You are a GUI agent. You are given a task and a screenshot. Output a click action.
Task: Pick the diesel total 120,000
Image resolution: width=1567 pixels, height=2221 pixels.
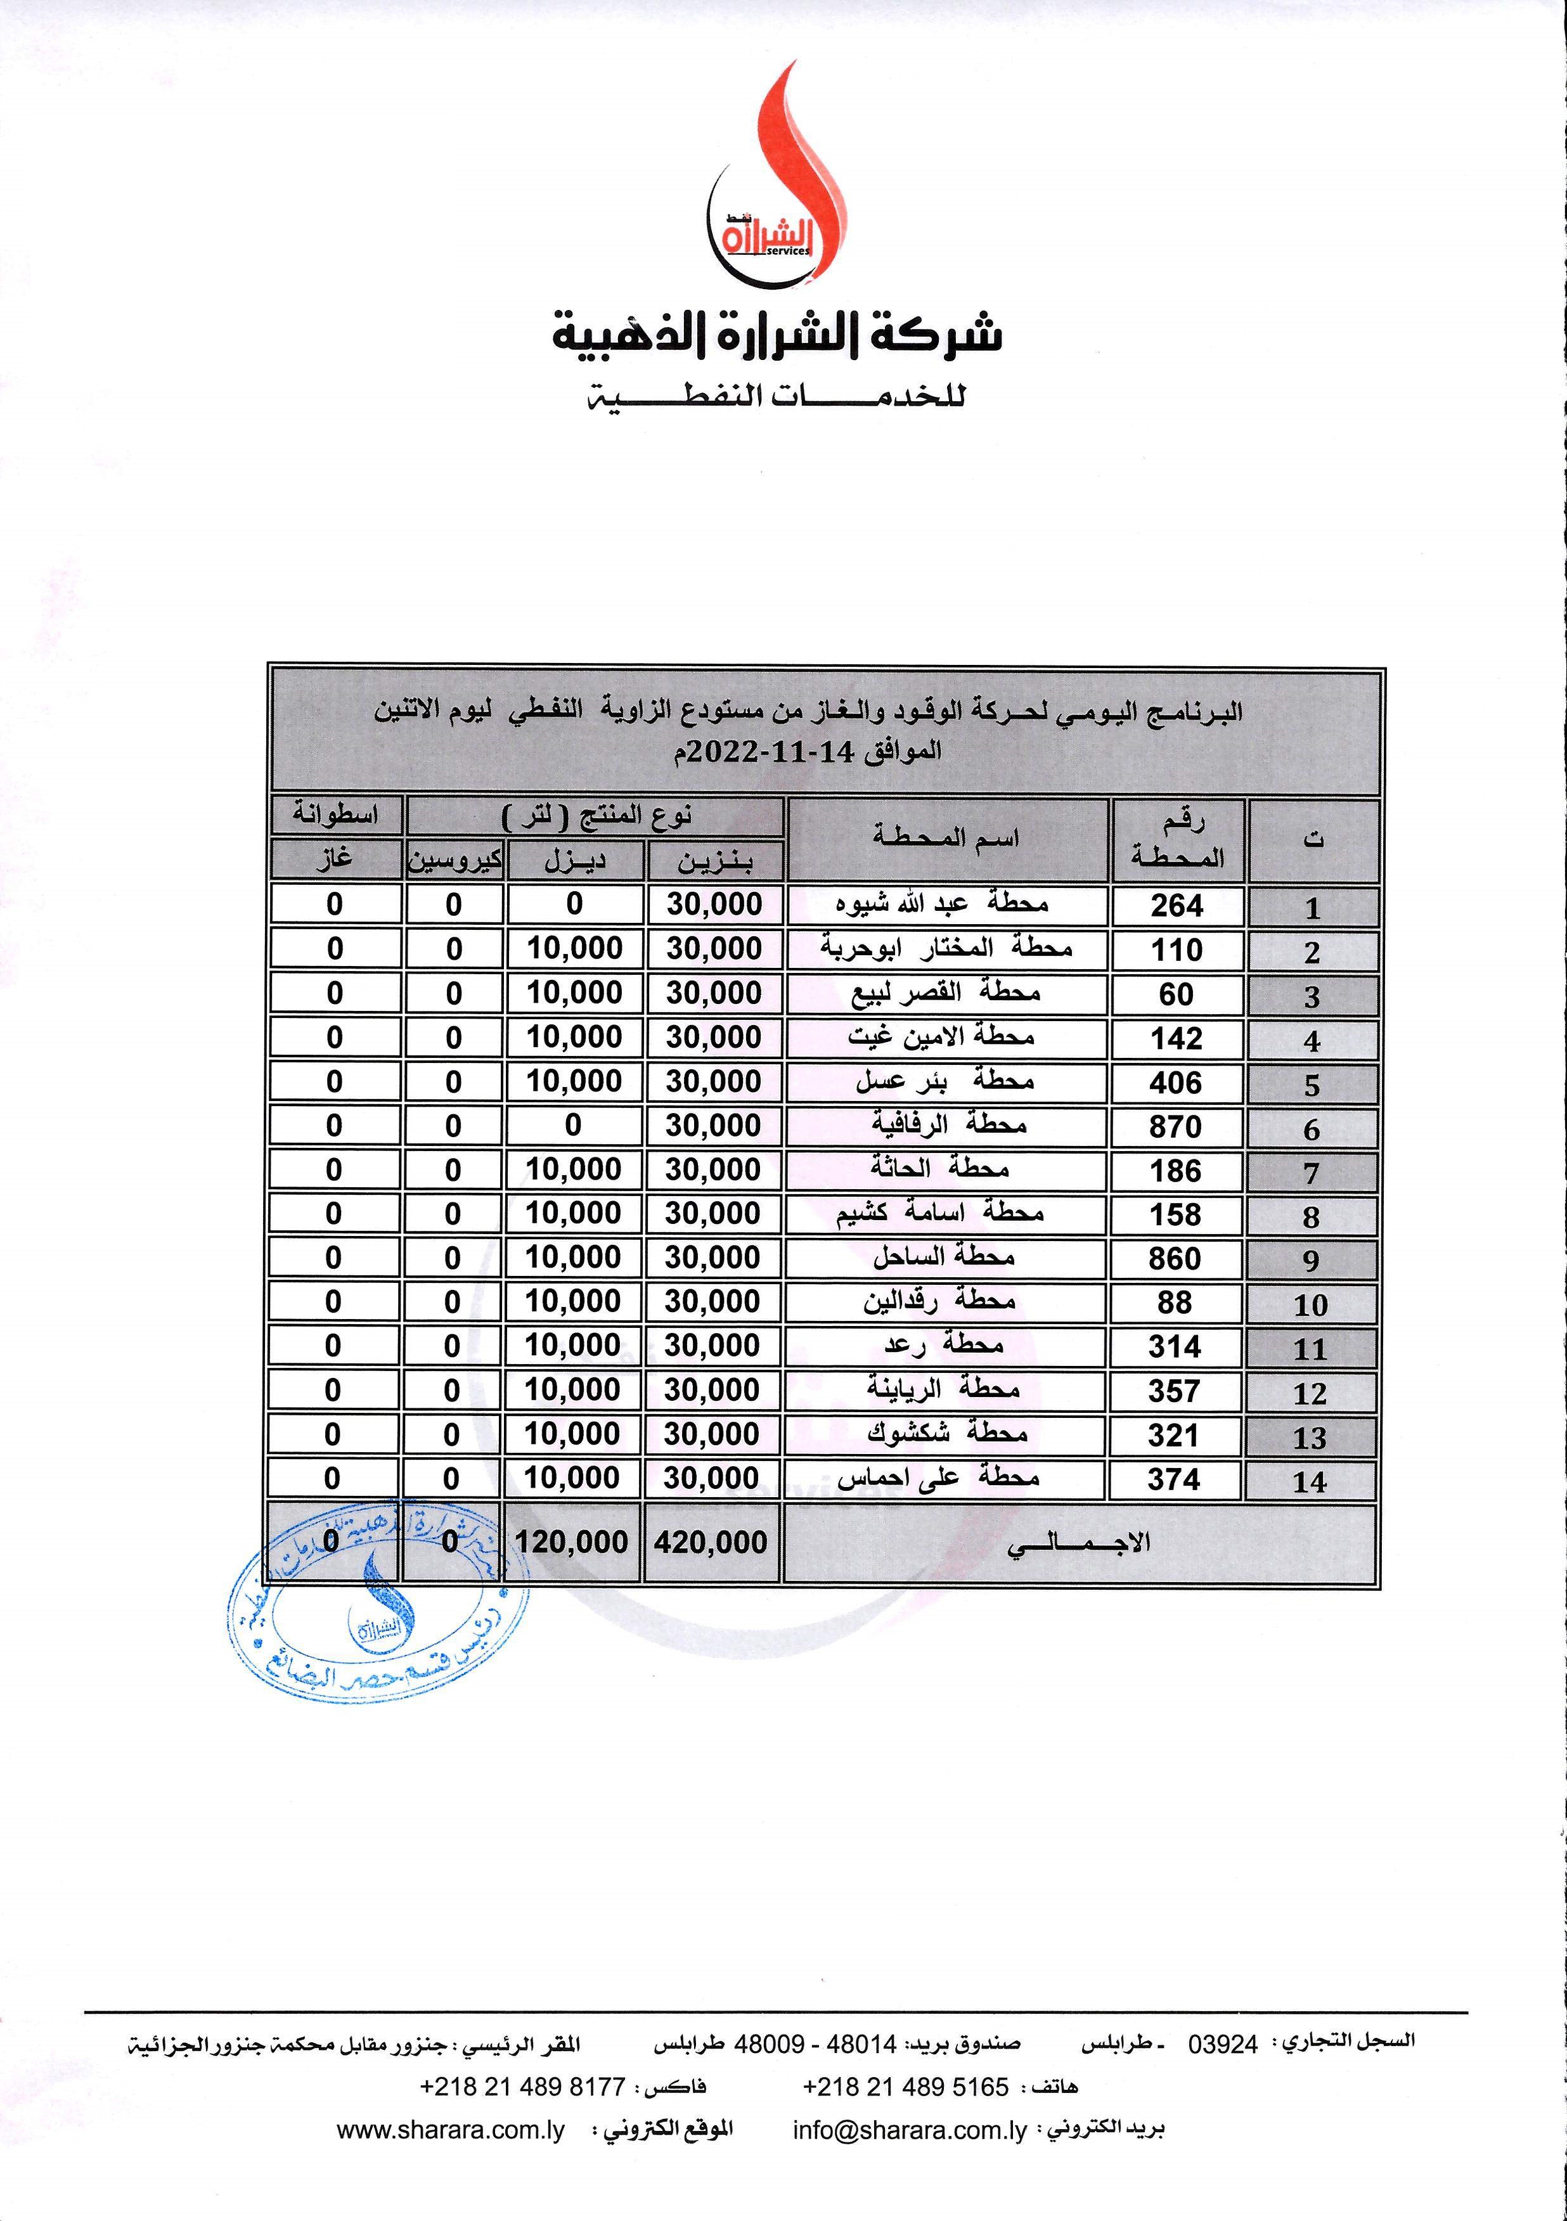(x=572, y=1542)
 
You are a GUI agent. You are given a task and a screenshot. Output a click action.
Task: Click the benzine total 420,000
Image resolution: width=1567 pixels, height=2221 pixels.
(x=711, y=1542)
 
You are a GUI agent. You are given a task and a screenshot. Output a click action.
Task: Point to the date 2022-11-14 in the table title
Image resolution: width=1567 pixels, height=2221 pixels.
(x=764, y=752)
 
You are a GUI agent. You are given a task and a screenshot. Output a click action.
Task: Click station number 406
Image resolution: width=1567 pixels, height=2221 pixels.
(x=1177, y=1083)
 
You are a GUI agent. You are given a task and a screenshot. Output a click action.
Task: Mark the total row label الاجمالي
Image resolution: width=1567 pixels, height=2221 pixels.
(x=1078, y=1542)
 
